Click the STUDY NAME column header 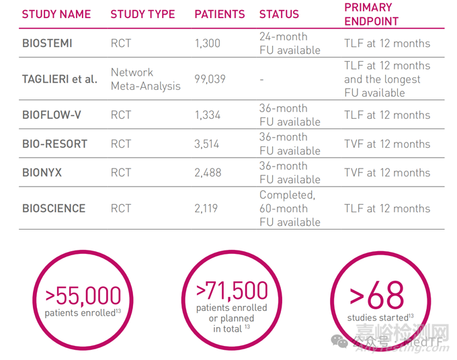point(56,14)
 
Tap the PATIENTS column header point(220,14)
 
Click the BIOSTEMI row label point(47,44)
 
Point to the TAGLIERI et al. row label point(60,79)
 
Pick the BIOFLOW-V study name point(52,115)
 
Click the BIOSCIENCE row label point(54,208)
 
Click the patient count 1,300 point(208,44)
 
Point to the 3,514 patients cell point(208,144)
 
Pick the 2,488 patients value point(208,173)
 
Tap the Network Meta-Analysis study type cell point(145,79)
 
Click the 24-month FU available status point(290,44)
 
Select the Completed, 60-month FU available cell point(290,208)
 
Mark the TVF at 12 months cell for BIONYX point(386,173)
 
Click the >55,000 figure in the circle point(84,295)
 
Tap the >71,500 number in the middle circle point(232,291)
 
